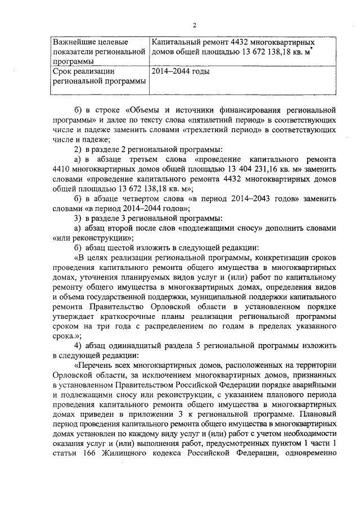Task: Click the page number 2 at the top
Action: [x=195, y=25]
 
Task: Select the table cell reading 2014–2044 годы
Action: [x=181, y=72]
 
